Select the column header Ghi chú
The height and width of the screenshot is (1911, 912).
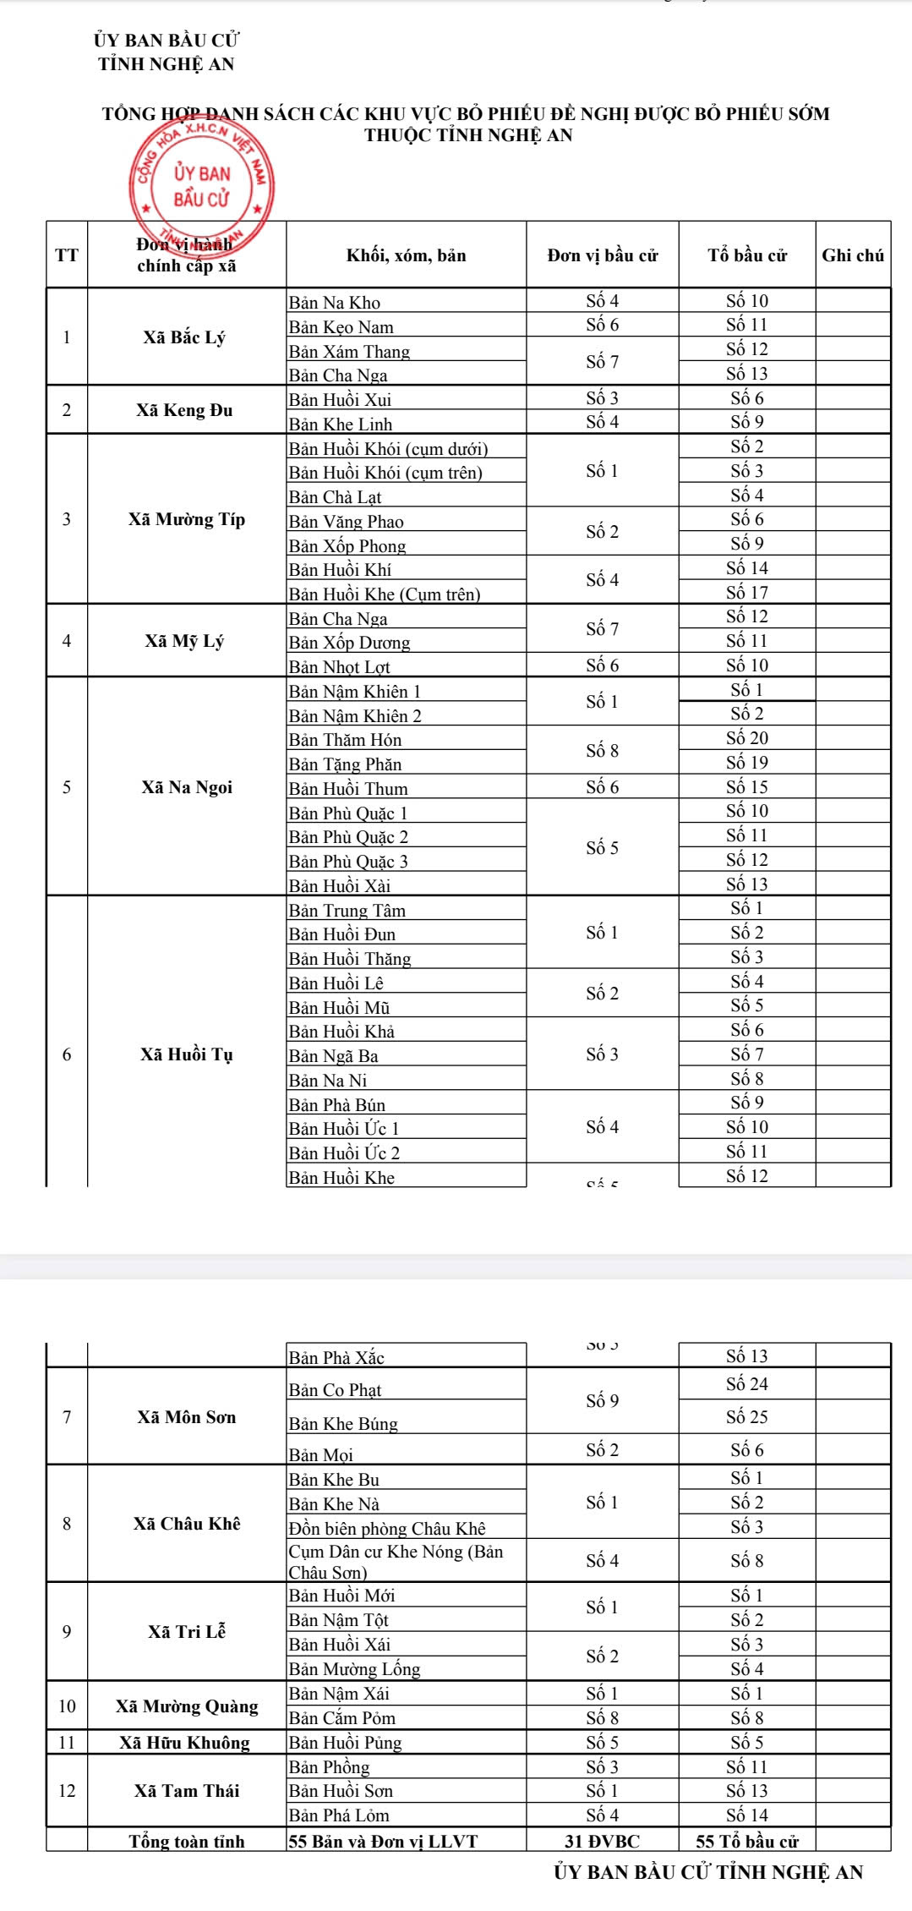[852, 255]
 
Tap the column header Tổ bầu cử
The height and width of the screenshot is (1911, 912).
[746, 255]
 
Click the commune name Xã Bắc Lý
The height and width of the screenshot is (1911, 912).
[184, 337]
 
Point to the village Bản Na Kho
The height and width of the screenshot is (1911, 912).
[335, 303]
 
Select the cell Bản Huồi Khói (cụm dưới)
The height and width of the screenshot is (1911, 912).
[388, 448]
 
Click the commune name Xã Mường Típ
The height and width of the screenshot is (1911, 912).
[186, 519]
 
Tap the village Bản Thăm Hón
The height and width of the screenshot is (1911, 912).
[345, 740]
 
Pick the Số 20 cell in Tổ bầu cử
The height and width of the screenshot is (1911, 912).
[746, 738]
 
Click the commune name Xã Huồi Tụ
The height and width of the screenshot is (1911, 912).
[186, 1054]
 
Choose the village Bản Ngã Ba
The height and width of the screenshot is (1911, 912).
[333, 1056]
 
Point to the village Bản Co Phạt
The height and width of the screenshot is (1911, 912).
[335, 1390]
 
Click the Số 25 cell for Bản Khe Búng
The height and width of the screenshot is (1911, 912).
[746, 1416]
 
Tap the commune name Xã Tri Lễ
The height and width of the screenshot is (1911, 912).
[186, 1632]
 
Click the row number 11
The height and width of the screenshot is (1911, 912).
[67, 1743]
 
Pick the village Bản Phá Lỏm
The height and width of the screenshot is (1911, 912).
[339, 1815]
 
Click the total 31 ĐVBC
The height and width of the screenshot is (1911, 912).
[602, 1842]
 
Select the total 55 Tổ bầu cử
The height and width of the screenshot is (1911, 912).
[746, 1842]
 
